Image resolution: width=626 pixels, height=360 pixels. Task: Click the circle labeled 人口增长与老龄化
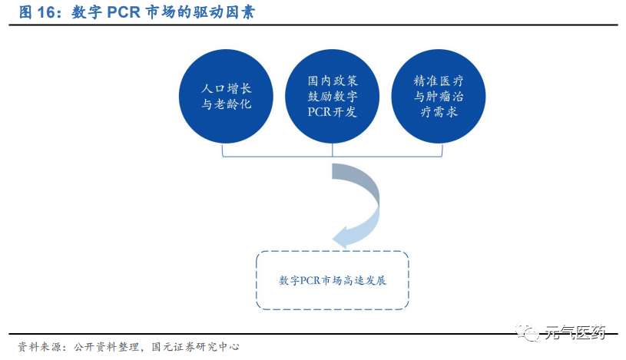point(226,96)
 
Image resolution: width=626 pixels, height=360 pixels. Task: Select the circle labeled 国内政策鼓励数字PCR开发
point(332,96)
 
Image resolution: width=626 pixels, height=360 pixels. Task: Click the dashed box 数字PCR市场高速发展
point(332,280)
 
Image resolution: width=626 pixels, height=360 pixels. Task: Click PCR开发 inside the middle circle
point(332,113)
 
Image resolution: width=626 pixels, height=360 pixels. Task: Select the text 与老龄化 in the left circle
point(226,104)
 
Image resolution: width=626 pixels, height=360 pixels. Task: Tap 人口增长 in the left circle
point(226,88)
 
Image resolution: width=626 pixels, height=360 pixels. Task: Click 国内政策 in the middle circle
point(332,80)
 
